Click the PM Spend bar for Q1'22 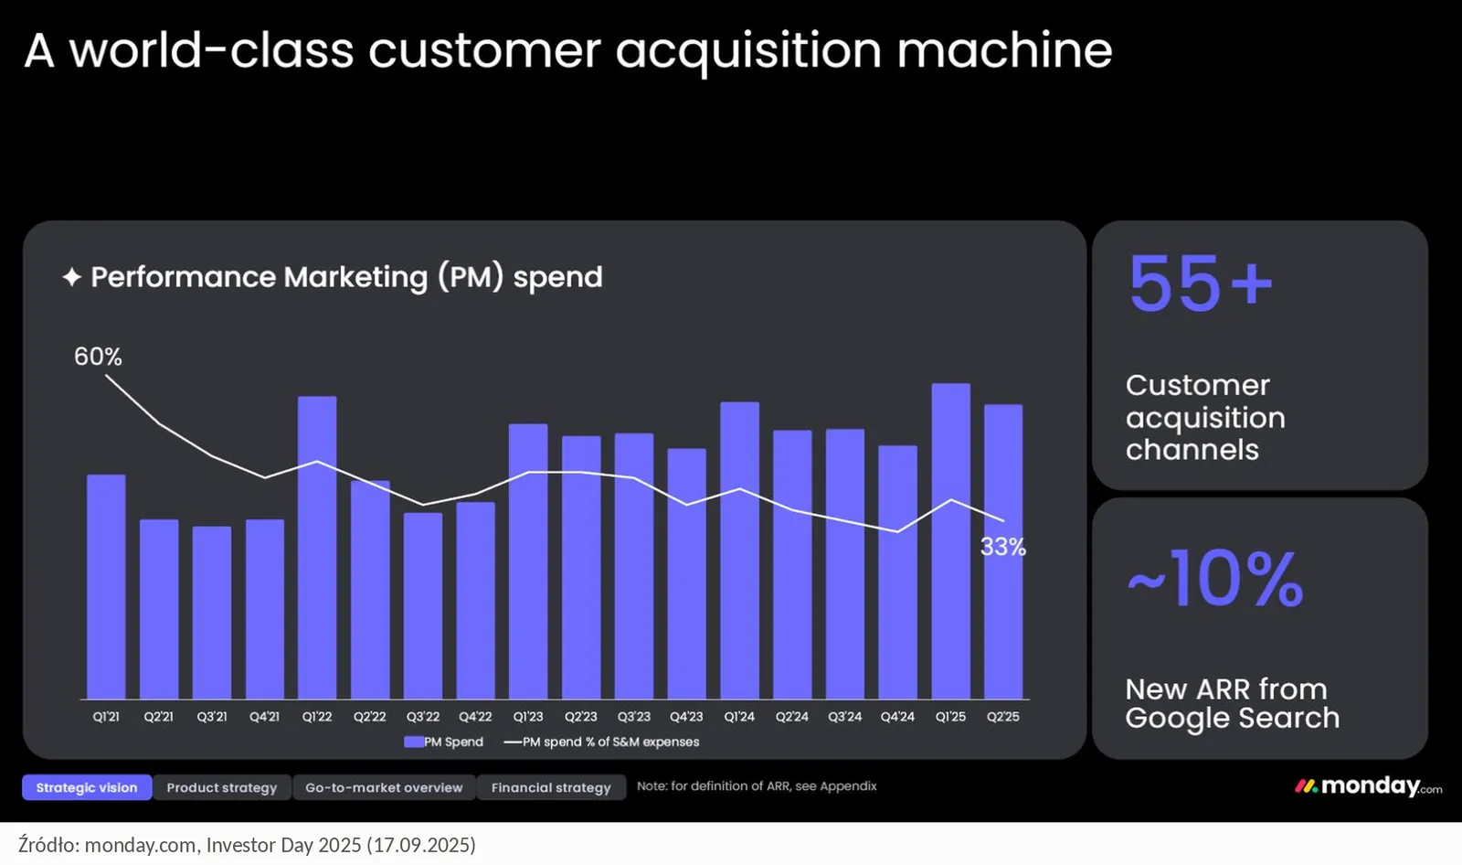coord(317,548)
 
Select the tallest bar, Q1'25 coord(950,541)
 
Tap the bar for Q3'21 coord(211,613)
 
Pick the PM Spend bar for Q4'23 coord(686,573)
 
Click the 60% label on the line coord(98,357)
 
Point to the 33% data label coord(1003,547)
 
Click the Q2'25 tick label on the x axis coord(1003,717)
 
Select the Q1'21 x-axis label coord(106,717)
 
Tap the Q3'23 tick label coord(634,717)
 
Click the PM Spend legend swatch coord(414,742)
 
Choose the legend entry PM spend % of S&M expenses coord(602,742)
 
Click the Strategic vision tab coord(87,787)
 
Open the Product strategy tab coord(222,787)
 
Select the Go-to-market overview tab coord(384,787)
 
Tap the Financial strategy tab coord(551,787)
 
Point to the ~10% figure coord(1215,579)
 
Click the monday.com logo coord(1368,786)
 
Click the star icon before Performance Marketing coord(72,277)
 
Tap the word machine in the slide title coord(1004,50)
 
